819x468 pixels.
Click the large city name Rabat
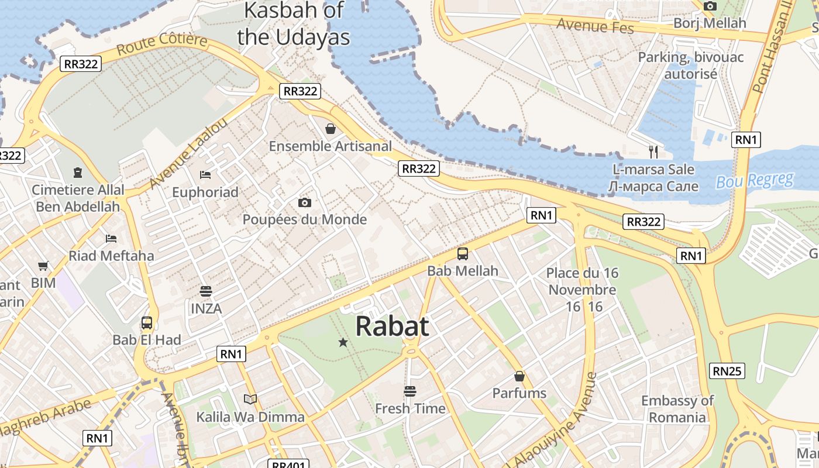pos(392,326)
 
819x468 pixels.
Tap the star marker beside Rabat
pos(343,342)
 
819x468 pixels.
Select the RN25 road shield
pos(727,371)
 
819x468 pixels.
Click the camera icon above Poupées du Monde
pos(304,202)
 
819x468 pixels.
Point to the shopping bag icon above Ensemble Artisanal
pos(331,129)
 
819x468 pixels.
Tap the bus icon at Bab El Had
pos(147,322)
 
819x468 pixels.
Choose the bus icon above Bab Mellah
pos(463,254)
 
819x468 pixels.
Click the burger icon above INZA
pos(205,291)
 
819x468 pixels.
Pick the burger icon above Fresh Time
pos(410,391)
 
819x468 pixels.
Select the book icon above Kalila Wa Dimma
pos(250,399)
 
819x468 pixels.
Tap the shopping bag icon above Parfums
pos(519,376)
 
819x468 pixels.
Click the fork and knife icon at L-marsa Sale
pos(653,152)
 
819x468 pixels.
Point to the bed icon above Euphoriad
pos(205,174)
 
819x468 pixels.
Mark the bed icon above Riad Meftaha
pos(111,238)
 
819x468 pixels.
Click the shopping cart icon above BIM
pos(43,266)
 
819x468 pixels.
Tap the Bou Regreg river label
pos(755,180)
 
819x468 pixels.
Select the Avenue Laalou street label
pos(188,153)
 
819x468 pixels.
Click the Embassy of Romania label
pos(677,409)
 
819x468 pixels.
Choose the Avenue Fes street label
pos(595,26)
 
